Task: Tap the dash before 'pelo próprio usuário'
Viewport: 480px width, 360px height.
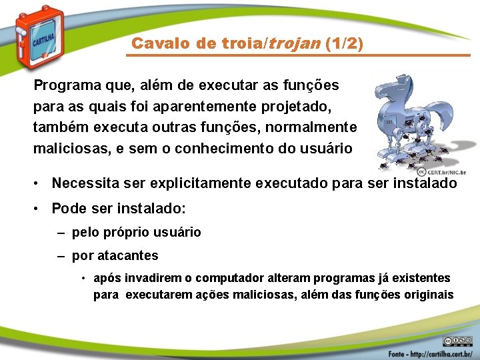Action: point(61,233)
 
